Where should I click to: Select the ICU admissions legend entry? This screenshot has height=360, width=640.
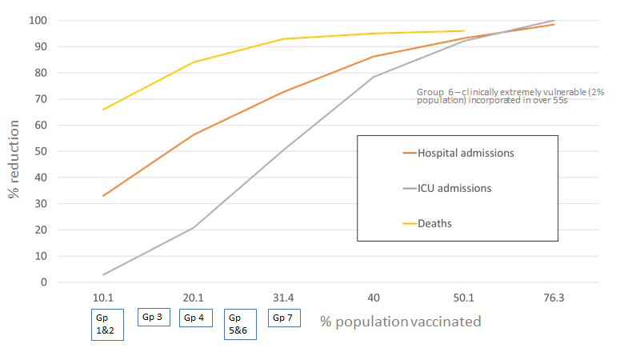tap(453, 188)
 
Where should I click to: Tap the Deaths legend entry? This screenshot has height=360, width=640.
tap(435, 223)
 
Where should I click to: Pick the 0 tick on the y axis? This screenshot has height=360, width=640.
tap(46, 282)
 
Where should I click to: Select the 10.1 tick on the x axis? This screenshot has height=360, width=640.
tap(103, 298)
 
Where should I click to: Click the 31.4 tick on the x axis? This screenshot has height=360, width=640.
tap(283, 298)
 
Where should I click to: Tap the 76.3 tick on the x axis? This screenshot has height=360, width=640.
tap(554, 298)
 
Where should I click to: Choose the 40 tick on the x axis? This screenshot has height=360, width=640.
tap(374, 298)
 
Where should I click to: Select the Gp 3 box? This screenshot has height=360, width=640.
tap(154, 318)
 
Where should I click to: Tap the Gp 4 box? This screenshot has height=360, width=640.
tap(196, 318)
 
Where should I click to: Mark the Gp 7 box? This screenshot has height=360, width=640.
tap(284, 318)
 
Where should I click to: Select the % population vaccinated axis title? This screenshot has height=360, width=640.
tap(401, 322)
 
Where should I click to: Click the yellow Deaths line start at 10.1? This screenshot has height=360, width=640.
tap(103, 110)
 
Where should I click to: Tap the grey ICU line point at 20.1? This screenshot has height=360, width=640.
tap(194, 228)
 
